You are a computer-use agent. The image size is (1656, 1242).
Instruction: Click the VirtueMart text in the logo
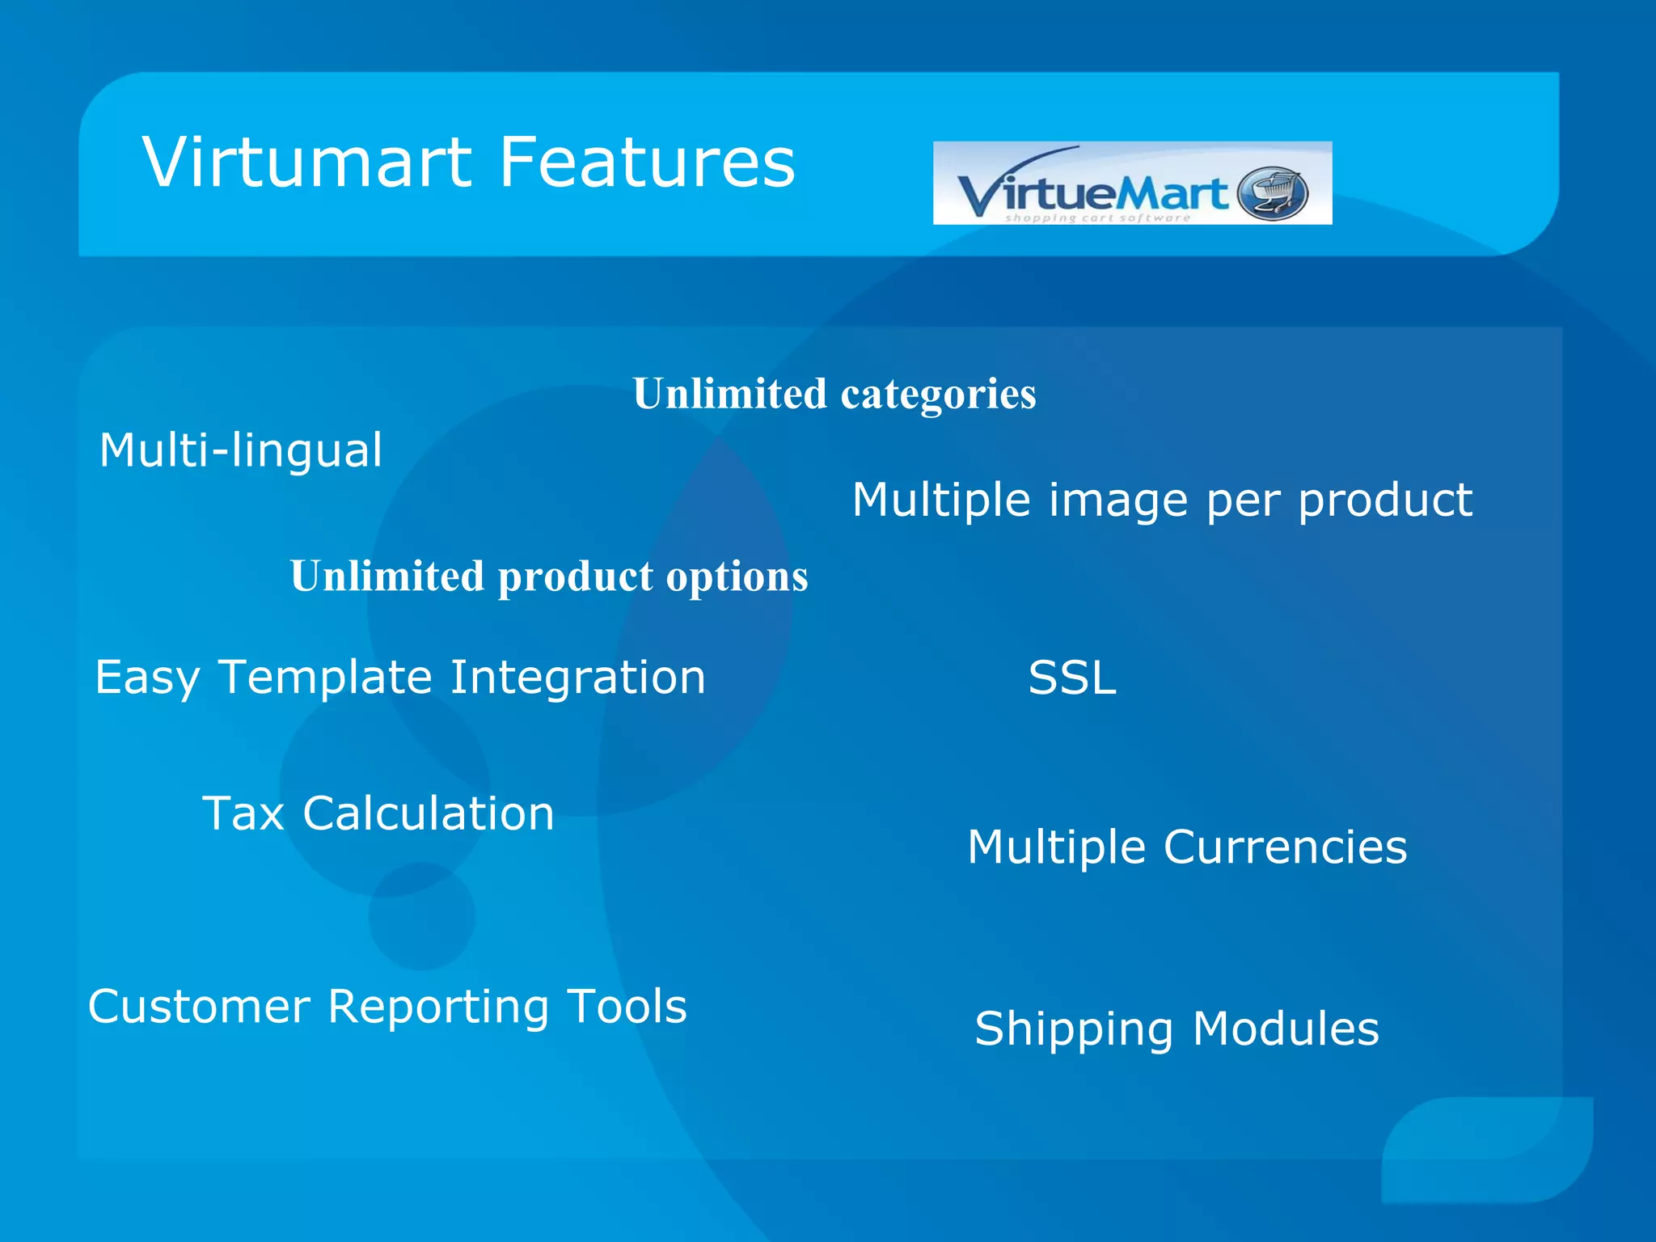click(x=1092, y=194)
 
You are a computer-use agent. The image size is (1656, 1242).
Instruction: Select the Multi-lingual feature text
click(x=240, y=450)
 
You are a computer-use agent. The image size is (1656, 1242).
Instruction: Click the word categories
click(x=938, y=395)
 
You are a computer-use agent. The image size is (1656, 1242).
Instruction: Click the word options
click(x=737, y=577)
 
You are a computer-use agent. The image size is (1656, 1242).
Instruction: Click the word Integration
click(x=577, y=677)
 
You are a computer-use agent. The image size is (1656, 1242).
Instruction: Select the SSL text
click(x=1071, y=678)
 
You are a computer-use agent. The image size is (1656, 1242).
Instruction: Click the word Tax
click(x=243, y=813)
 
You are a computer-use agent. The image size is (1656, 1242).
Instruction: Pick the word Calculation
click(x=429, y=813)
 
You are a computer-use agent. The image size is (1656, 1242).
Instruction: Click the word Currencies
click(x=1286, y=847)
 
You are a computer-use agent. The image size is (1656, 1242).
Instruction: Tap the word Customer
click(x=199, y=1007)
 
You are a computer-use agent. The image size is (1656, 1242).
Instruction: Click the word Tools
click(x=627, y=1007)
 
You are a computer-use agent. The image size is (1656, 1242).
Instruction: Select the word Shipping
click(x=1074, y=1030)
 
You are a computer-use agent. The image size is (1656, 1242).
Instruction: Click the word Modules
click(x=1286, y=1029)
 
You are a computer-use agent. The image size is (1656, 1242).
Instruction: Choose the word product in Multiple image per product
click(x=1385, y=501)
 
